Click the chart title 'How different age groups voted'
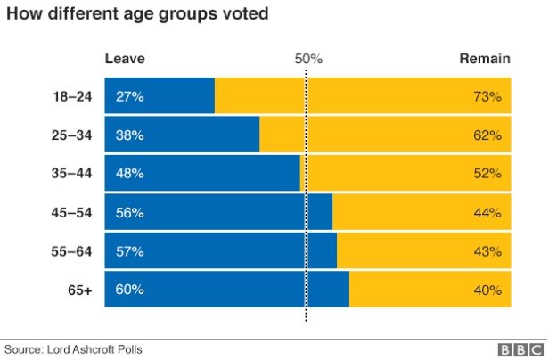pyautogui.click(x=138, y=15)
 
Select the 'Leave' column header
pyautogui.click(x=125, y=59)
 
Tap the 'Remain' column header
pyautogui.click(x=484, y=59)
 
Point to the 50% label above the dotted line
pyautogui.click(x=307, y=59)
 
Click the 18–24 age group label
pyautogui.click(x=72, y=96)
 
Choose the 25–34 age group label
pyautogui.click(x=72, y=135)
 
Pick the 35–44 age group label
pyautogui.click(x=72, y=174)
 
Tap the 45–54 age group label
pyautogui.click(x=72, y=213)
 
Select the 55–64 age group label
pyautogui.click(x=72, y=251)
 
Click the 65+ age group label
pyautogui.click(x=81, y=290)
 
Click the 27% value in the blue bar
pyautogui.click(x=129, y=96)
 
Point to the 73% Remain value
pyautogui.click(x=487, y=96)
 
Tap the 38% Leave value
pyautogui.click(x=129, y=135)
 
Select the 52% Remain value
pyautogui.click(x=487, y=174)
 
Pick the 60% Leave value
pyautogui.click(x=129, y=290)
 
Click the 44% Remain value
pyautogui.click(x=487, y=213)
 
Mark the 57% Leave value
pyautogui.click(x=129, y=251)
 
